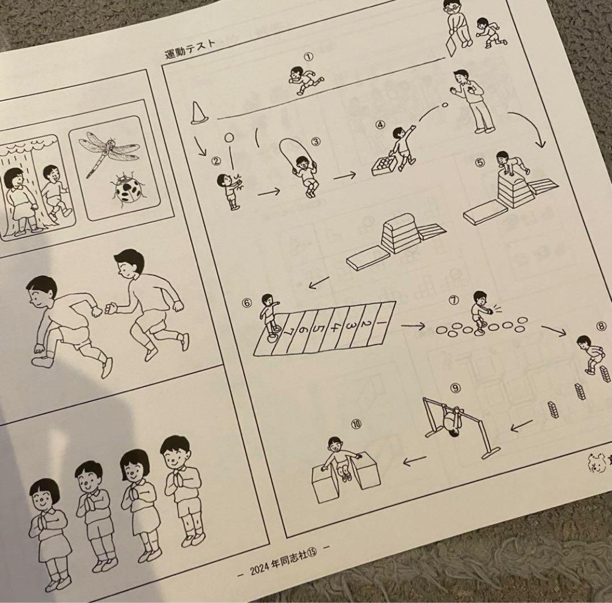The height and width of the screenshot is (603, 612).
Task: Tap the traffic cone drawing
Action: [x=198, y=113]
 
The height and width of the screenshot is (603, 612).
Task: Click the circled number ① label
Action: [x=308, y=57]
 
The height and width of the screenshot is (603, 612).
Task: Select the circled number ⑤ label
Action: [x=480, y=163]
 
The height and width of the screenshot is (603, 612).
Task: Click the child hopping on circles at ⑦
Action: [x=481, y=311]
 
